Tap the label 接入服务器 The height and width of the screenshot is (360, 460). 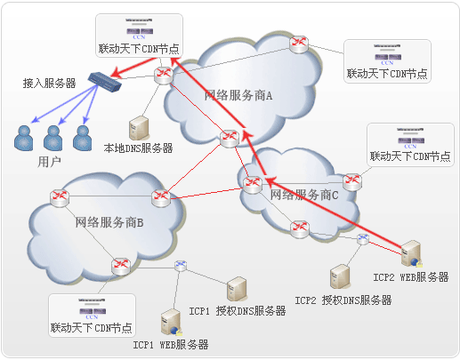(50, 83)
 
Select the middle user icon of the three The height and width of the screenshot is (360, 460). (53, 137)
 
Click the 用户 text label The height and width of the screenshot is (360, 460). (50, 162)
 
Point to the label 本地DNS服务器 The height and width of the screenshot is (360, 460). (138, 148)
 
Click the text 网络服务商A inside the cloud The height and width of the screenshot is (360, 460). (238, 95)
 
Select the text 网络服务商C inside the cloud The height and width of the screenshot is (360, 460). (304, 194)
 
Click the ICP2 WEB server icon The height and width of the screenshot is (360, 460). (411, 255)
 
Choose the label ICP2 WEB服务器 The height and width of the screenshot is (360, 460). (410, 277)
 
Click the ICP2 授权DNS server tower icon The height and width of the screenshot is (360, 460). (339, 276)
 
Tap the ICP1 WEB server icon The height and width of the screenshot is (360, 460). (169, 322)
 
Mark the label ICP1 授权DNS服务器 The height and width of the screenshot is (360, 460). (238, 311)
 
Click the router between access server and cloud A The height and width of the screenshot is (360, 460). (163, 76)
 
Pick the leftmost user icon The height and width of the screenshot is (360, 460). (24, 137)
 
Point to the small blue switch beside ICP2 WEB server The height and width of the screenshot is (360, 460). (363, 240)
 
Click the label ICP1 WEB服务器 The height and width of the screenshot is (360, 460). (171, 344)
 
